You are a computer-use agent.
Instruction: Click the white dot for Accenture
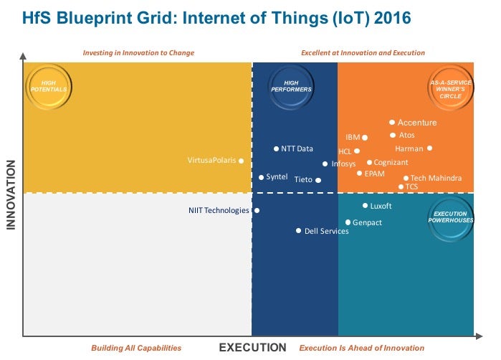pyautogui.click(x=392, y=123)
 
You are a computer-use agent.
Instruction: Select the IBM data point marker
pyautogui.click(x=365, y=137)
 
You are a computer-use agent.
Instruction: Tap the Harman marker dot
pyautogui.click(x=429, y=148)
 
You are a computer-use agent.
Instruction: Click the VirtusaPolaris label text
pyautogui.click(x=211, y=161)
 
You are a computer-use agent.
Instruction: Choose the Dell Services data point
pyautogui.click(x=299, y=231)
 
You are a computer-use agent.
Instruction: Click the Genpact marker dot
pyautogui.click(x=348, y=223)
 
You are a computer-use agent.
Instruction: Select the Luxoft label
pyautogui.click(x=381, y=206)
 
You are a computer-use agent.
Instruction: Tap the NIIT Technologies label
pyautogui.click(x=219, y=211)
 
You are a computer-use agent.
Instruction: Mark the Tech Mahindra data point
pyautogui.click(x=406, y=179)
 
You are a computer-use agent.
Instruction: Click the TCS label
pyautogui.click(x=411, y=187)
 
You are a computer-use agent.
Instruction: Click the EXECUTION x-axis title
pyautogui.click(x=252, y=348)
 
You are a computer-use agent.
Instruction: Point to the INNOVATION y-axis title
pyautogui.click(x=11, y=195)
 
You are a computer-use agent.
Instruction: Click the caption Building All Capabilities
pyautogui.click(x=136, y=348)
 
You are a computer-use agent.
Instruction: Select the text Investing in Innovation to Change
pyautogui.click(x=138, y=53)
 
